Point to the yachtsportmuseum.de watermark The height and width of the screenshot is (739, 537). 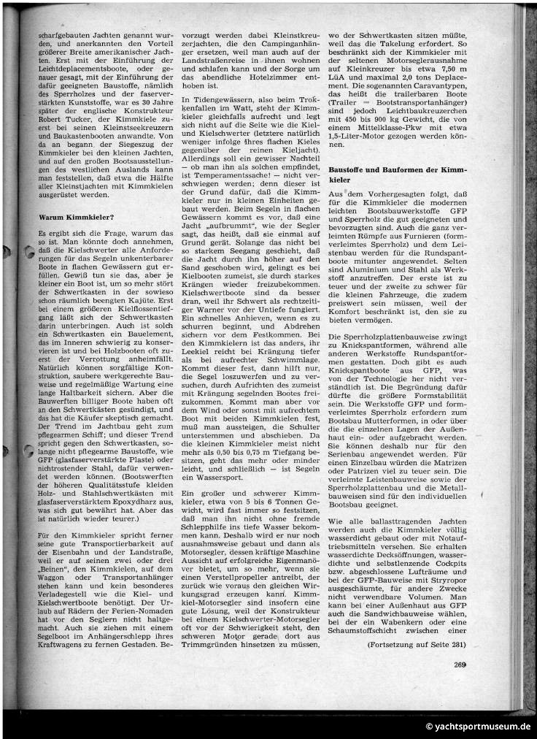coord(478,727)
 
